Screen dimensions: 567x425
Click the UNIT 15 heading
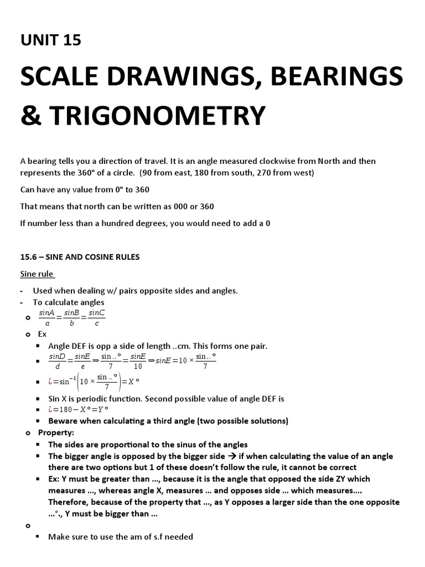click(50, 40)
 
